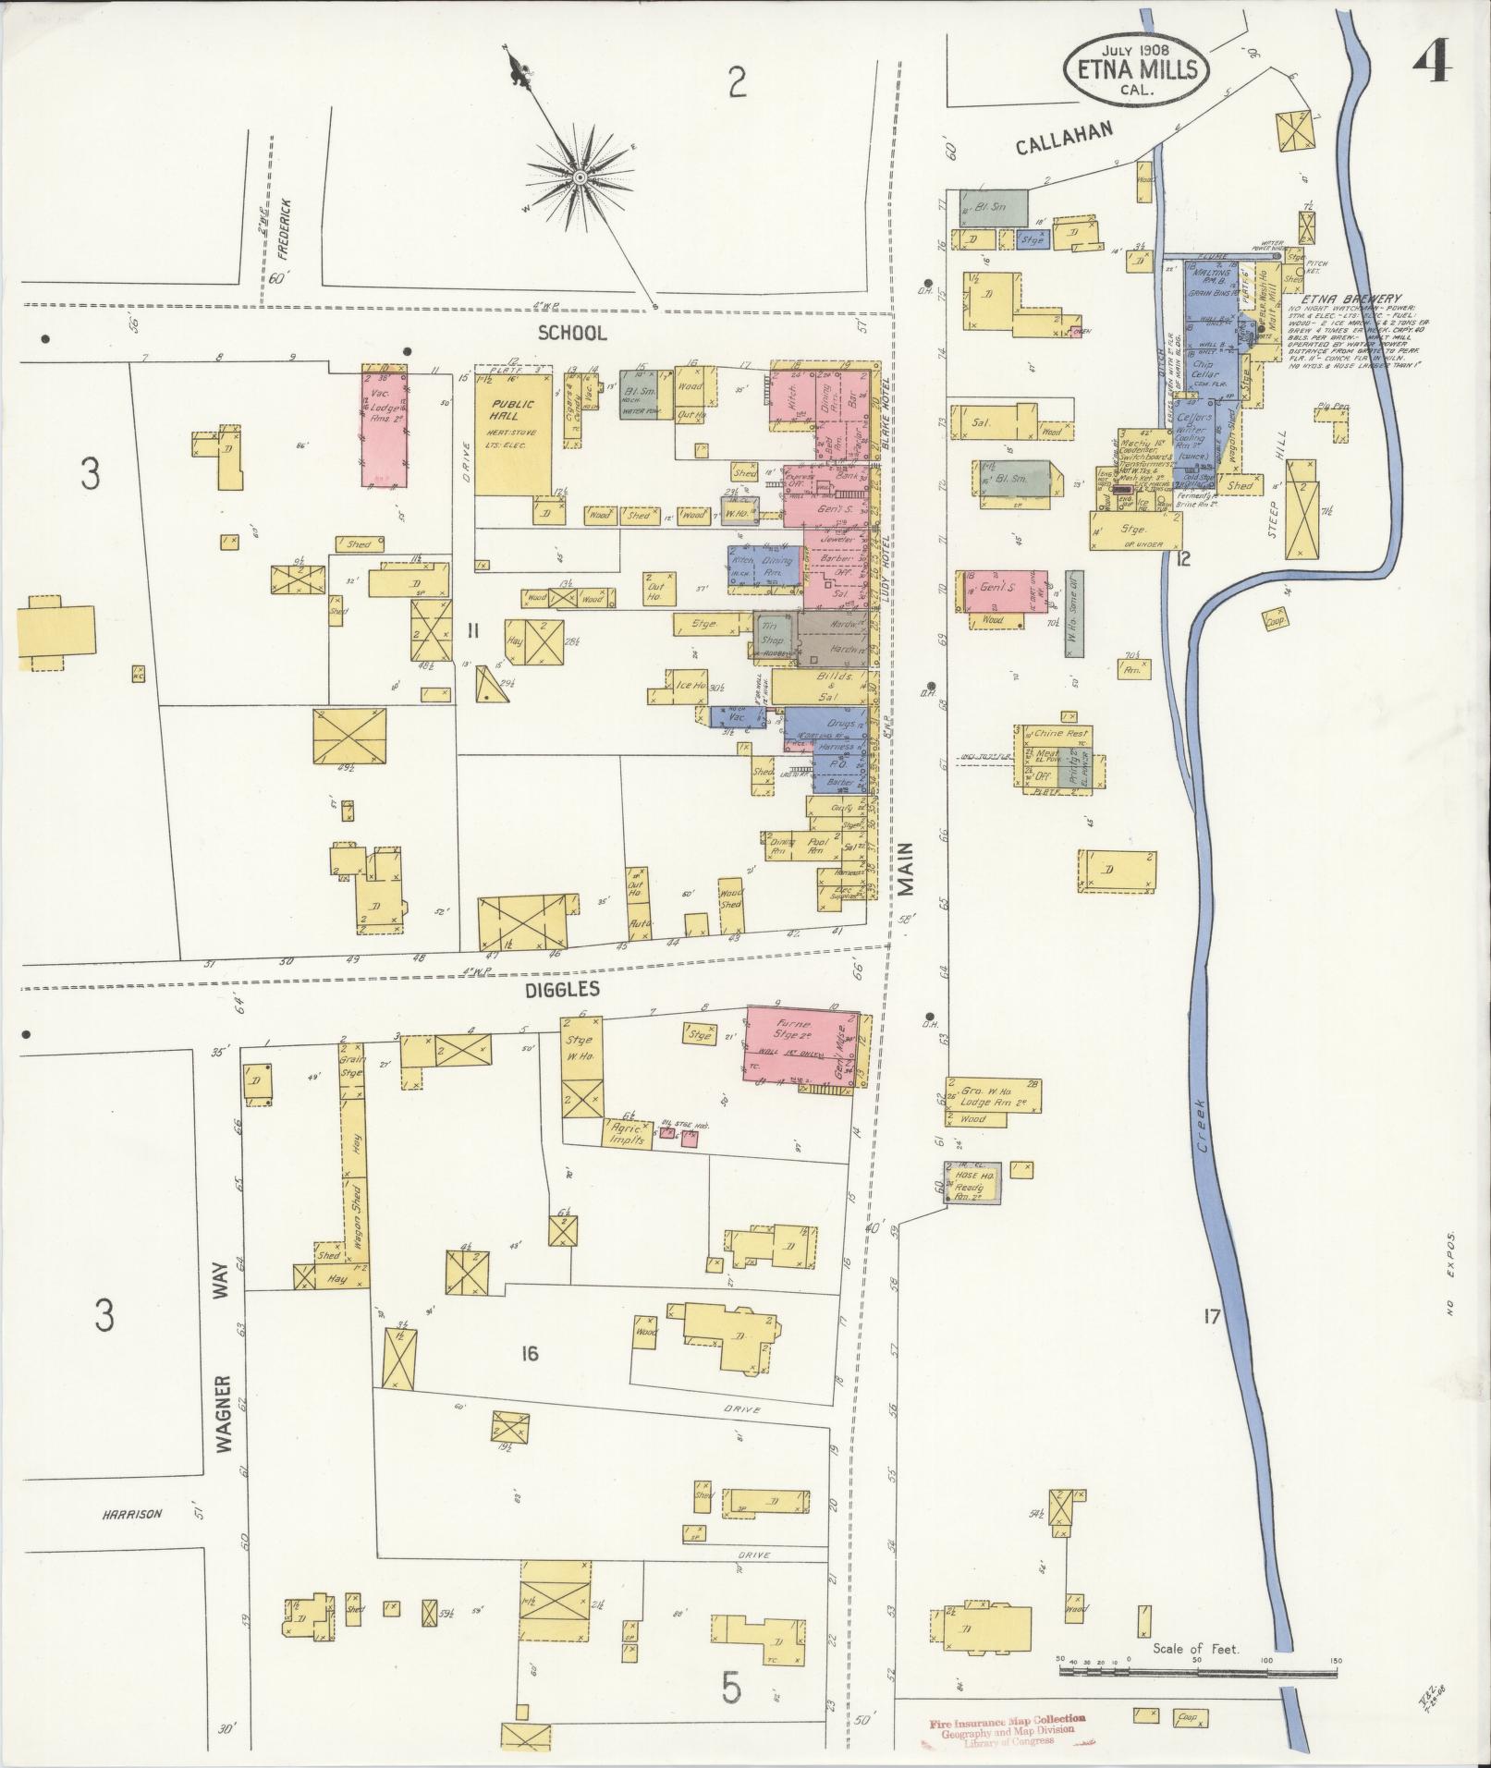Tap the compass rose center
[x=579, y=177]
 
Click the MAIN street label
[x=906, y=869]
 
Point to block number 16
[x=529, y=1355]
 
